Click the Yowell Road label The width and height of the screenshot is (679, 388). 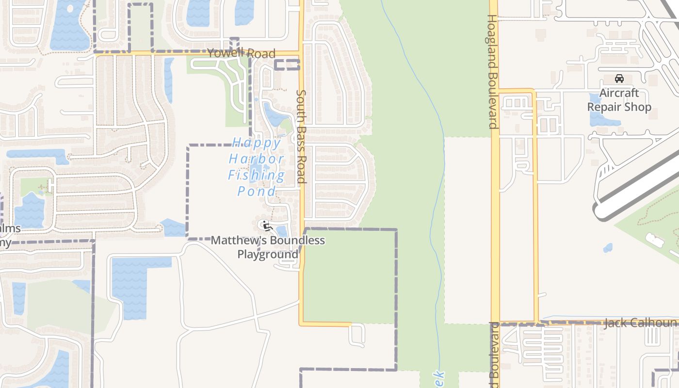coord(241,53)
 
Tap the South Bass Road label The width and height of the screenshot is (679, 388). coord(301,136)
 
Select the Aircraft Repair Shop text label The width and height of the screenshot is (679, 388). coord(619,100)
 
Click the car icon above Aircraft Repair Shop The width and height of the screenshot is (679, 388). coord(619,79)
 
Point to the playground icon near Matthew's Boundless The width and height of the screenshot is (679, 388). coord(264,225)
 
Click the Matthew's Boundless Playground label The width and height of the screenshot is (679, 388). coord(268,247)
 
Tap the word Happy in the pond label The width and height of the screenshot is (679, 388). coord(257,143)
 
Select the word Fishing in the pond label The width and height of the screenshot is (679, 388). coord(257,175)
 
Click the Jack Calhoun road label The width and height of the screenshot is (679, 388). coord(640,323)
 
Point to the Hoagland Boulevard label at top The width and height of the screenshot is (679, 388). coord(492,71)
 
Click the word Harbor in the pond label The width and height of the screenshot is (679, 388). coord(257,159)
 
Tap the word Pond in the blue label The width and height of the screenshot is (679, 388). coord(257,191)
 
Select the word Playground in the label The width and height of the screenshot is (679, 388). coord(268,254)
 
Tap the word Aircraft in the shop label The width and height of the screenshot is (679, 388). coord(619,93)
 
